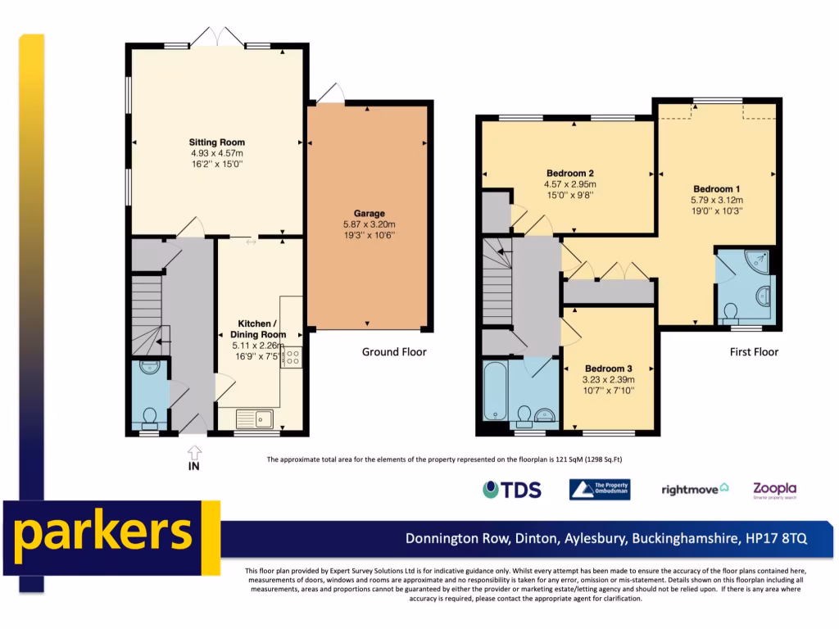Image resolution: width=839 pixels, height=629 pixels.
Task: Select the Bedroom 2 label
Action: click(569, 173)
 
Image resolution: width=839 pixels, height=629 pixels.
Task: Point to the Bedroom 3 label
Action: click(608, 369)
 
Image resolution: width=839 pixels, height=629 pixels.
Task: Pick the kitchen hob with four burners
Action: click(291, 356)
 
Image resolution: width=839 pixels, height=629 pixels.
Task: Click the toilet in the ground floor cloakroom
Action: click(149, 419)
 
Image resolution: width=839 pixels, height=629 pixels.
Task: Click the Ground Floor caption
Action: click(394, 352)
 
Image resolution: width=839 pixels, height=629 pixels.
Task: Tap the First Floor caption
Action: click(754, 352)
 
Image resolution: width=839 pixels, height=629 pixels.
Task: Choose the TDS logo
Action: click(512, 490)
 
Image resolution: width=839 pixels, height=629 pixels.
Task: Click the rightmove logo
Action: click(695, 490)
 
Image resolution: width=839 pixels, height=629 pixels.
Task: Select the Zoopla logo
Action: click(774, 490)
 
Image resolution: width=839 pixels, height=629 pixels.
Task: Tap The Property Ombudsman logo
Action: click(600, 490)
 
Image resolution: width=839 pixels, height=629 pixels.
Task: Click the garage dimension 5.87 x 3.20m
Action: click(369, 224)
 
